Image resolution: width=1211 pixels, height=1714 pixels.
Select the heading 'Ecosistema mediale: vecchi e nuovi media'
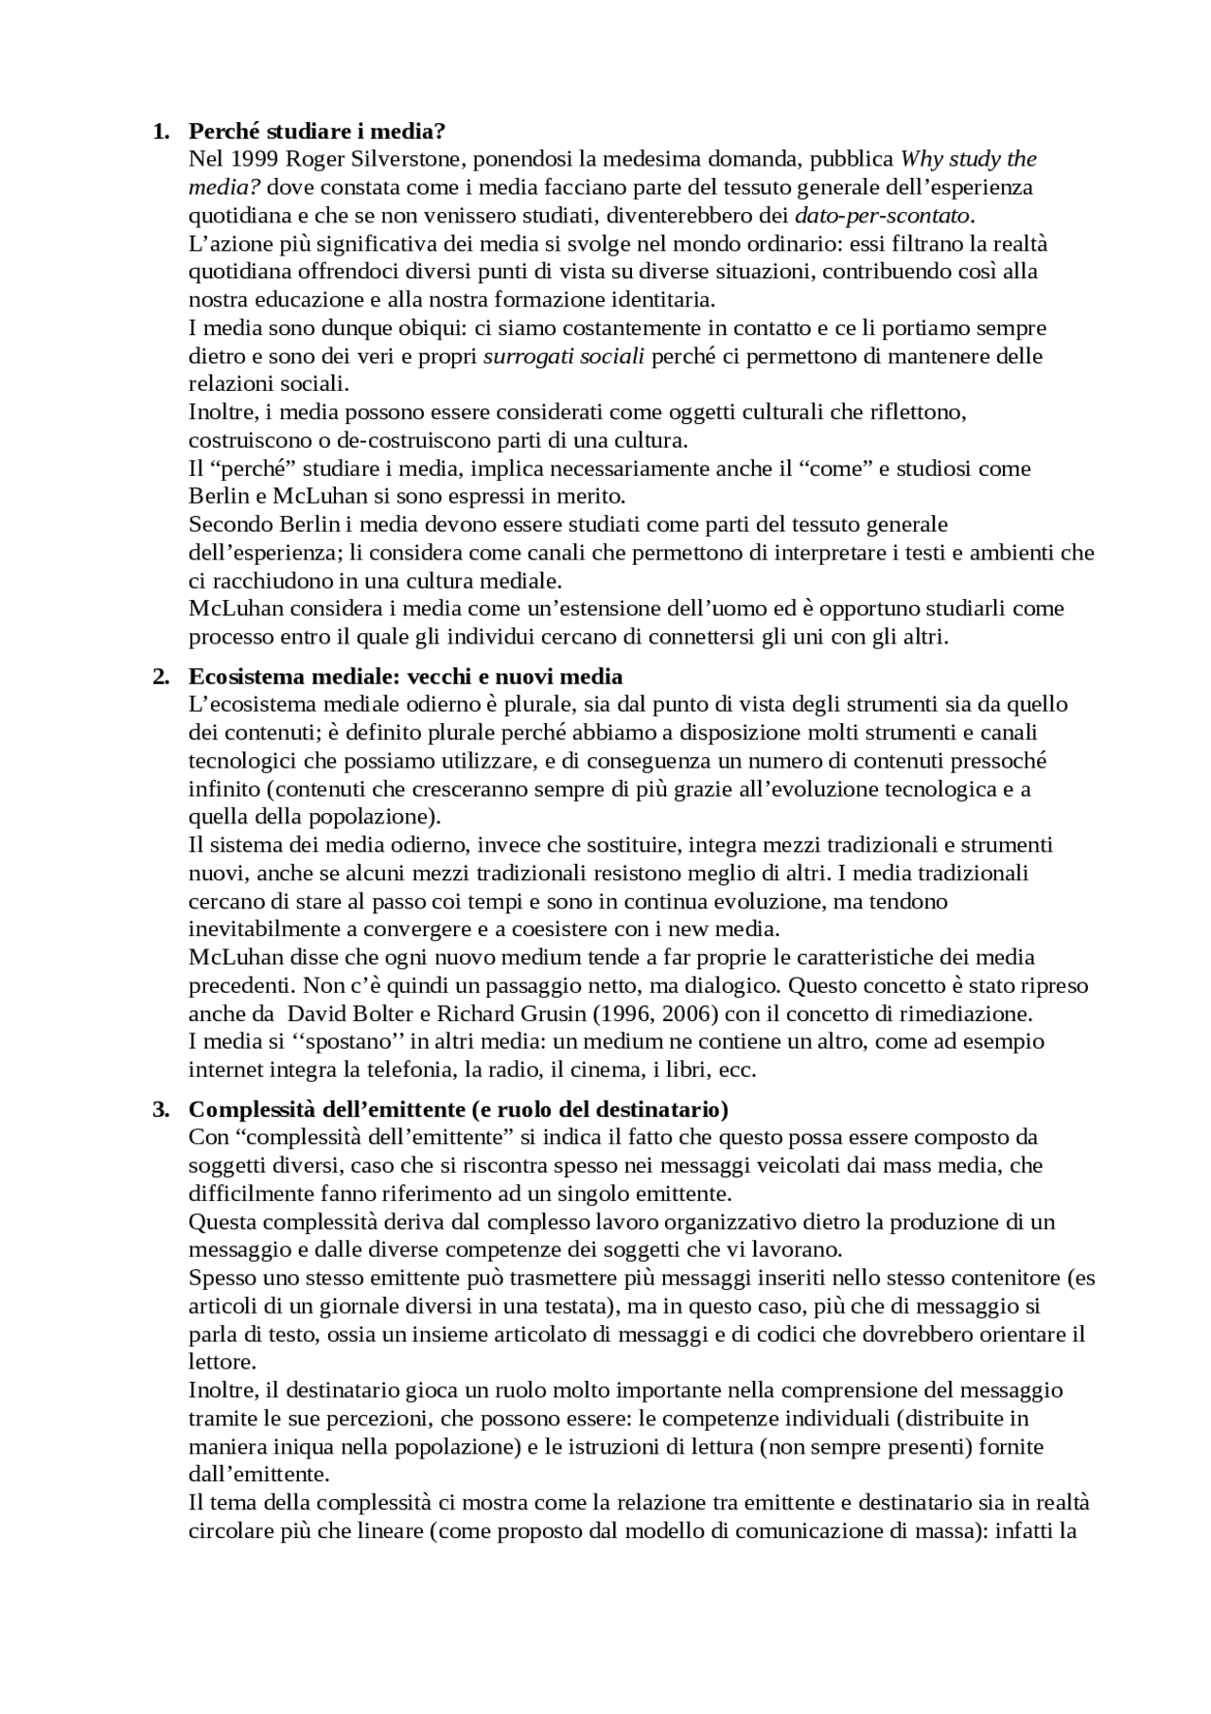pyautogui.click(x=406, y=677)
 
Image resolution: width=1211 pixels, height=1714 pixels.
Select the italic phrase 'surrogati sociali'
pyautogui.click(x=564, y=357)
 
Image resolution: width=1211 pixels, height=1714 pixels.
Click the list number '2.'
pyautogui.click(x=161, y=677)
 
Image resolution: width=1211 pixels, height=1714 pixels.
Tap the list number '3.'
pyautogui.click(x=161, y=1109)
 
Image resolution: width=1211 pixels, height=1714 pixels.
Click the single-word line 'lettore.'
pyautogui.click(x=222, y=1363)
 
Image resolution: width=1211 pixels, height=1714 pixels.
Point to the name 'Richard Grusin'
pyautogui.click(x=512, y=1014)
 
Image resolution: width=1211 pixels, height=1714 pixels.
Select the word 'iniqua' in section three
pyautogui.click(x=295, y=1447)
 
